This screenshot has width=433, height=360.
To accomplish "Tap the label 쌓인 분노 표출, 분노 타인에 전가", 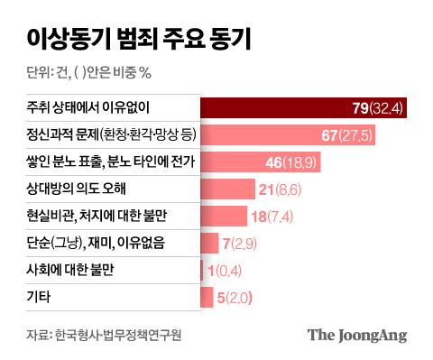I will pyautogui.click(x=106, y=162).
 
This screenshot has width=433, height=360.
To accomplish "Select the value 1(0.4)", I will pyautogui.click(x=223, y=270).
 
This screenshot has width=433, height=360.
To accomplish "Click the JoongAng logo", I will pyautogui.click(x=357, y=336).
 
